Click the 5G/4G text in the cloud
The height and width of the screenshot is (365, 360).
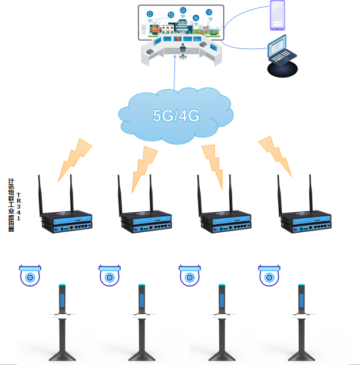click(176, 116)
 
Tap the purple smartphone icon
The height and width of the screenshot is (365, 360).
click(278, 15)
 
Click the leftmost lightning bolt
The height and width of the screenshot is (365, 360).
click(74, 159)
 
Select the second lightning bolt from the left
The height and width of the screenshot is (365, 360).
click(144, 167)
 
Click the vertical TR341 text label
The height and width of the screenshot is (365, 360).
click(18, 206)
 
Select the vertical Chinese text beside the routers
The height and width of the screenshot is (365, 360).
click(11, 205)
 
